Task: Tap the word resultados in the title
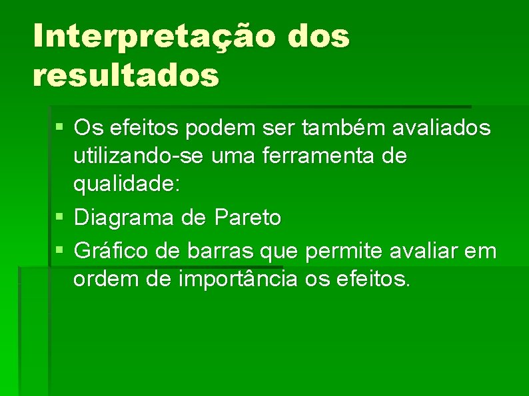[125, 75]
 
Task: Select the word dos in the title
[319, 37]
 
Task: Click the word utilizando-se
[138, 157]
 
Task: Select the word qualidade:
[127, 186]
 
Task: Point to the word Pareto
[247, 218]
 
